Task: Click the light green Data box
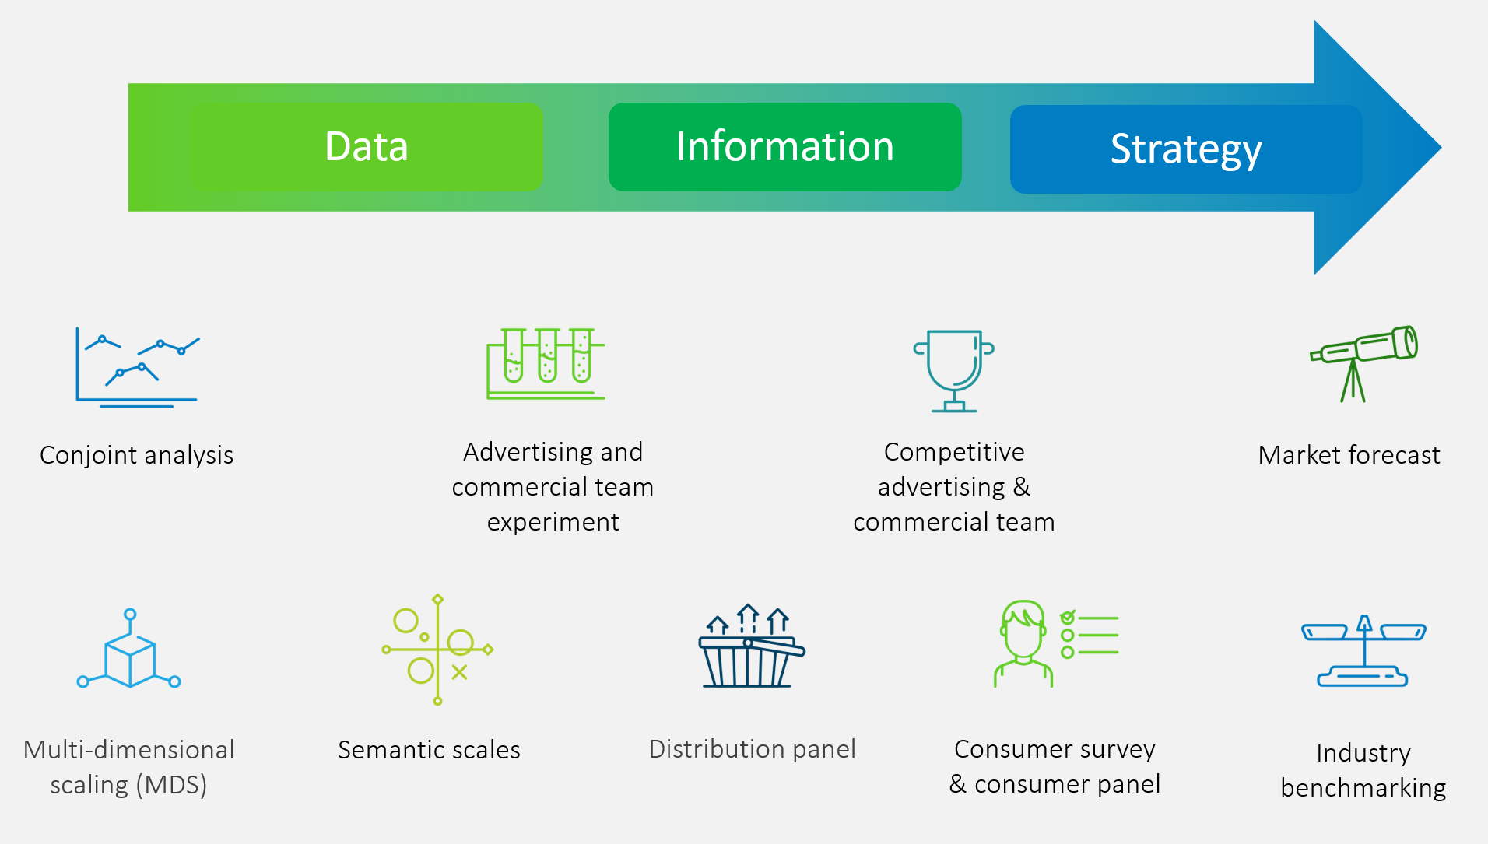[366, 146]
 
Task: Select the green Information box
[784, 146]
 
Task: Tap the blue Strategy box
[1186, 149]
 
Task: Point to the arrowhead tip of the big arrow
[1441, 147]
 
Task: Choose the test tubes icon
[546, 363]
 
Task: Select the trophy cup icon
[954, 371]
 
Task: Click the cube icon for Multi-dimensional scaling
[129, 650]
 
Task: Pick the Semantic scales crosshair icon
[437, 650]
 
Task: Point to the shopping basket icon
[751, 646]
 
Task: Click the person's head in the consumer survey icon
[1023, 629]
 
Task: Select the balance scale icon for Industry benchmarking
[1363, 651]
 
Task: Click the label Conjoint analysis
[136, 455]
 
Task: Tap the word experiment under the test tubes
[553, 522]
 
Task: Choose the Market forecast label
[1349, 455]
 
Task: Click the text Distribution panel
[753, 749]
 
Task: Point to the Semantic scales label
[429, 750]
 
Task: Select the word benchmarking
[1363, 788]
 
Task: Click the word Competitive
[954, 452]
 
